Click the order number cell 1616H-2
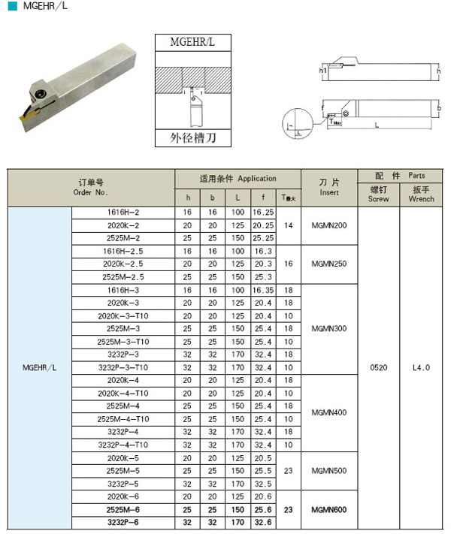click(x=123, y=213)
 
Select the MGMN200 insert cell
click(x=329, y=225)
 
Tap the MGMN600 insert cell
click(x=329, y=509)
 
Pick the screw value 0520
click(x=379, y=368)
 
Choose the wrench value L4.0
click(x=422, y=368)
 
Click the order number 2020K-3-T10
click(x=123, y=315)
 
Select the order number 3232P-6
click(x=123, y=522)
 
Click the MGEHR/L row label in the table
click(x=39, y=368)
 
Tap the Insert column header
click(x=329, y=188)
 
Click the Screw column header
click(x=379, y=194)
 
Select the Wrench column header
click(x=422, y=194)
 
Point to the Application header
click(x=238, y=179)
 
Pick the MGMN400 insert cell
click(x=329, y=412)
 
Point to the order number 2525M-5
click(x=123, y=471)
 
